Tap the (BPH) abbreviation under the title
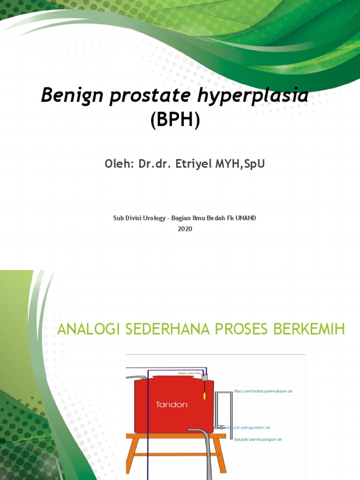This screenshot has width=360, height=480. [175, 121]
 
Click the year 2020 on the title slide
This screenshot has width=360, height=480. [185, 229]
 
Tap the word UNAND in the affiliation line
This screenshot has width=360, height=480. [246, 218]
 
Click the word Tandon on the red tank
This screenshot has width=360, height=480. [172, 405]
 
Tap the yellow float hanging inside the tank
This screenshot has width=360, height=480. [204, 396]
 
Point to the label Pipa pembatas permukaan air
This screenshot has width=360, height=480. [263, 390]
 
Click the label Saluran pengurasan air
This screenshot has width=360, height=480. [248, 427]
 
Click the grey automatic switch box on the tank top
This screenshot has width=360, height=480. [204, 376]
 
